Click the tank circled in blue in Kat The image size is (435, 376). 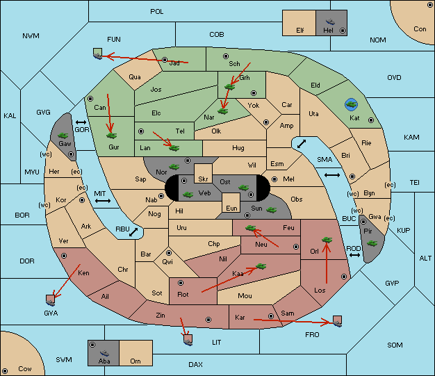(351, 104)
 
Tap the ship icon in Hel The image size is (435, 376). (330, 22)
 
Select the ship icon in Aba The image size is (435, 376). (105, 353)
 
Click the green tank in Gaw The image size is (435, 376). (63, 136)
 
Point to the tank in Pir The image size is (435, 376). (372, 243)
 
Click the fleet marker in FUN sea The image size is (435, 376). (98, 54)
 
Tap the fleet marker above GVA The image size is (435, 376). (51, 300)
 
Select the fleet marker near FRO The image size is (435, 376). (337, 321)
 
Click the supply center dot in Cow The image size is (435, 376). (5, 370)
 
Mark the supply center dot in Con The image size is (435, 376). (429, 5)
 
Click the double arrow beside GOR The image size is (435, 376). (81, 122)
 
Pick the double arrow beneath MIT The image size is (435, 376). (103, 201)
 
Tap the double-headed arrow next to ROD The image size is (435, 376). (354, 255)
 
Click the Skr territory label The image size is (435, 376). (203, 179)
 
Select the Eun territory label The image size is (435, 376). (231, 208)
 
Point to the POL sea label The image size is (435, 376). (157, 12)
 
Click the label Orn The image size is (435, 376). (136, 361)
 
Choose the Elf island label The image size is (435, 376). (300, 31)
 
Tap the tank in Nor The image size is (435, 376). (174, 167)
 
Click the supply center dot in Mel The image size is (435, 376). (274, 179)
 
